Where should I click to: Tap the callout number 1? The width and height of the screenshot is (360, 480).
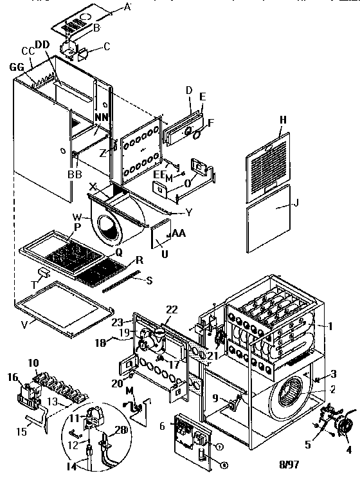[330, 326]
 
